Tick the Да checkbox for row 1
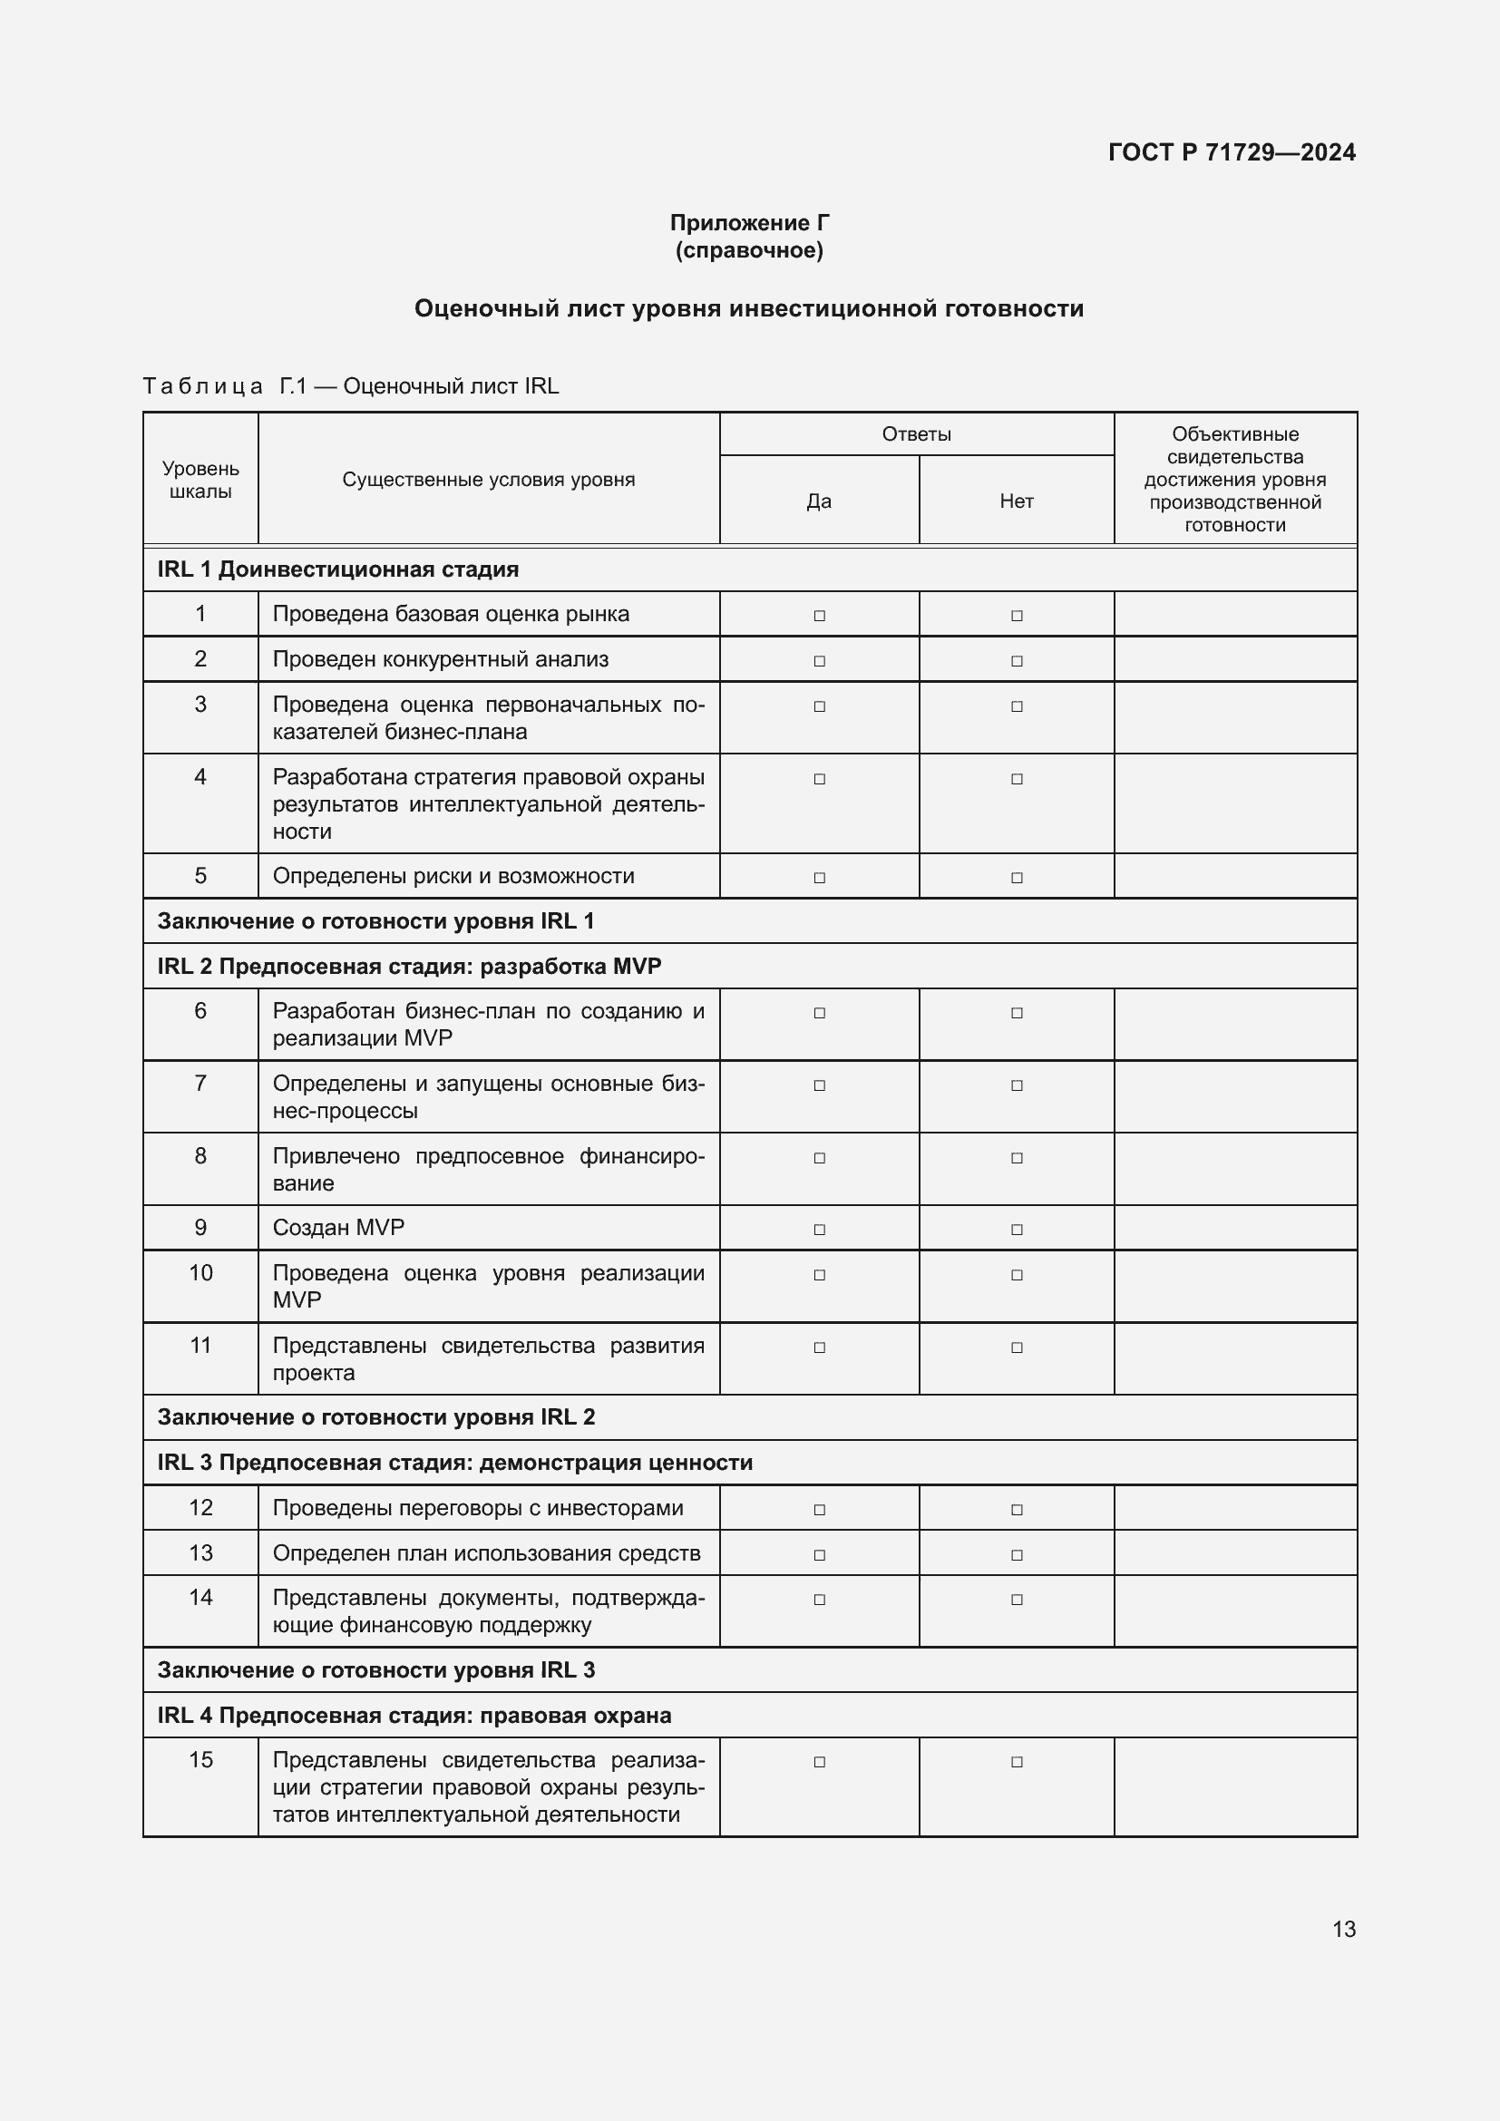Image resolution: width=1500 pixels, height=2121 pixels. pos(819,615)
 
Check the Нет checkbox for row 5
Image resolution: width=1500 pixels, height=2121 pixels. pos(1017,878)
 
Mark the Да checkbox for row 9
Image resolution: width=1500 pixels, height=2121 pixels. pos(819,1230)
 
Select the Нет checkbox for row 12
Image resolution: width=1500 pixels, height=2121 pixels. pos(1017,1510)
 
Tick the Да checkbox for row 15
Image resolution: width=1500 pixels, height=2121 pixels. pos(819,1762)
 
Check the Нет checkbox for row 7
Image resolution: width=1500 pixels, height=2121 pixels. pos(1017,1085)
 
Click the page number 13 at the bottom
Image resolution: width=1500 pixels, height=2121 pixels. pos(1344,1929)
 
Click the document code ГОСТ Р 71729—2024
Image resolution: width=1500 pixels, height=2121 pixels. pos(1232,152)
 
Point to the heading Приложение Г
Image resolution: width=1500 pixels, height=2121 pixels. pos(749,223)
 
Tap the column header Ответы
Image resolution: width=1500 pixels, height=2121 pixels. pos(916,434)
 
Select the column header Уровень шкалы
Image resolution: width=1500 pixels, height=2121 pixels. pos(200,480)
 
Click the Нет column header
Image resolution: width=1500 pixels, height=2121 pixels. pos(1016,501)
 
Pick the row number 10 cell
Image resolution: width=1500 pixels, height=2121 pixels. pos(200,1273)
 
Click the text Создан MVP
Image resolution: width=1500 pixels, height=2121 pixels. pos(338,1228)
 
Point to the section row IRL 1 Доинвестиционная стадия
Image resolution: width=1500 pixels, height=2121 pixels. pos(338,569)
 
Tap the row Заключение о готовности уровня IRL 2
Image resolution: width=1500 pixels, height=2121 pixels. pos(376,1417)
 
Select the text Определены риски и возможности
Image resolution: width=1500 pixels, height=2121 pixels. pos(453,876)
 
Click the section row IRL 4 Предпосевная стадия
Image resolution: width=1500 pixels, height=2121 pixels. pos(414,1716)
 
